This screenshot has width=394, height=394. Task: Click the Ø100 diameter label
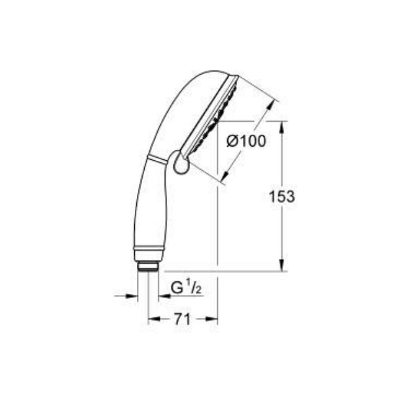pyautogui.click(x=246, y=141)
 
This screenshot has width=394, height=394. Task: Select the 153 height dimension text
pyautogui.click(x=281, y=196)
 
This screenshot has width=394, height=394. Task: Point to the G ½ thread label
pyautogui.click(x=186, y=288)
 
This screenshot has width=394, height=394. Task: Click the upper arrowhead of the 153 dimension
pyautogui.click(x=282, y=127)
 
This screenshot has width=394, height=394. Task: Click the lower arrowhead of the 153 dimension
pyautogui.click(x=282, y=265)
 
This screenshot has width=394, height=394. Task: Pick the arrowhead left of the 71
pyautogui.click(x=154, y=319)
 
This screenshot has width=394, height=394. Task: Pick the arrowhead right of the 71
pyautogui.click(x=212, y=319)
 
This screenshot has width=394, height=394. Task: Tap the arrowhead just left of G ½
pyautogui.click(x=164, y=296)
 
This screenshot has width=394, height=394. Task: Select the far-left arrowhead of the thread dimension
pyautogui.click(x=132, y=296)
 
